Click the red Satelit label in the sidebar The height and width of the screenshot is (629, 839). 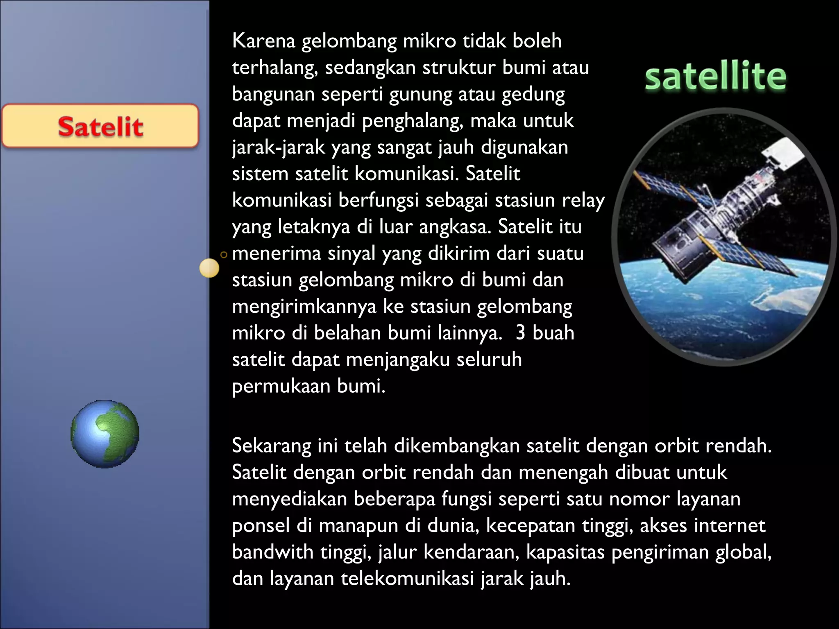(x=100, y=126)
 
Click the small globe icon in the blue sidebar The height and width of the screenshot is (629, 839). (x=105, y=434)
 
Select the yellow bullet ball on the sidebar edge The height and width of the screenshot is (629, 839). (x=209, y=268)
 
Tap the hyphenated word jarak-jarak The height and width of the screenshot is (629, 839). (x=278, y=148)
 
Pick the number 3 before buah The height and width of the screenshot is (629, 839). (x=520, y=333)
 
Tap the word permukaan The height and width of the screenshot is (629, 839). (x=281, y=386)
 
